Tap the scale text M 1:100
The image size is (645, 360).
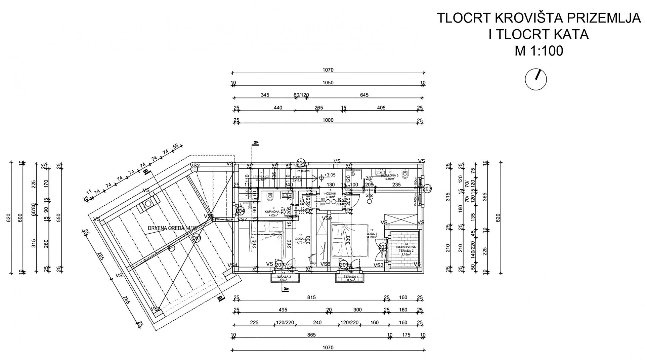click(x=539, y=51)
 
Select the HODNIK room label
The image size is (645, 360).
click(x=328, y=194)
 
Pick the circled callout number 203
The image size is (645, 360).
click(x=427, y=189)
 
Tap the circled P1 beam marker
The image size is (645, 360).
click(x=172, y=248)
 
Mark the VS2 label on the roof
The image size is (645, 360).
click(x=195, y=165)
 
